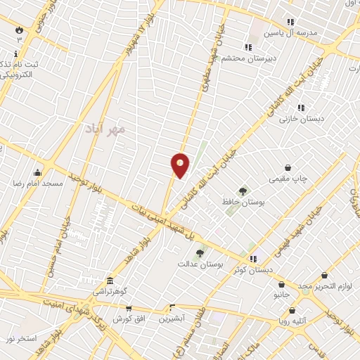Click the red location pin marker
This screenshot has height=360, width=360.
pyautogui.click(x=180, y=165)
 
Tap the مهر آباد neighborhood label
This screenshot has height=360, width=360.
pyautogui.click(x=103, y=129)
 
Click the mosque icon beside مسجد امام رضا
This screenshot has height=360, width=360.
pyautogui.click(x=37, y=172)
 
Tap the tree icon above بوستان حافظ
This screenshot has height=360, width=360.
pyautogui.click(x=243, y=191)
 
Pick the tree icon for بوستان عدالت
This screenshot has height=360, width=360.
pyautogui.click(x=200, y=253)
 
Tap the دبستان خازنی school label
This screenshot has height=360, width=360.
pyautogui.click(x=302, y=119)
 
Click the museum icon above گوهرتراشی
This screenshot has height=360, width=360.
pyautogui.click(x=109, y=280)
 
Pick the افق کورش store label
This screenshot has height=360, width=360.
pyautogui.click(x=128, y=318)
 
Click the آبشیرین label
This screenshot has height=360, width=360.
pyautogui.click(x=171, y=318)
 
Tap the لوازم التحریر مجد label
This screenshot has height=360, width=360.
pyautogui.click(x=330, y=286)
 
